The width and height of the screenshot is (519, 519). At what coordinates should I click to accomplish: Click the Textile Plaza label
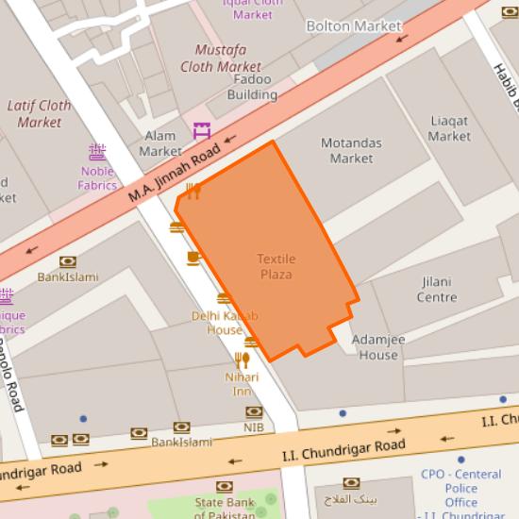[276, 266]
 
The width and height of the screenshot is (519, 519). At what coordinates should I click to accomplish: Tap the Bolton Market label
[354, 26]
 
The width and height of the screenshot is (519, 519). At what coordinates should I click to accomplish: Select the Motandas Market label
[351, 151]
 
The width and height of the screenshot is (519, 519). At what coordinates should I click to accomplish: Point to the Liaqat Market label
[449, 128]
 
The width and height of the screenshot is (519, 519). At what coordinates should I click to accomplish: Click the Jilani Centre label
[436, 290]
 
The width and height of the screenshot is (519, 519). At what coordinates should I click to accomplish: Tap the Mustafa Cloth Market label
[227, 58]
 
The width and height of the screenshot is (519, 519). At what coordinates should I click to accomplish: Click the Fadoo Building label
[253, 88]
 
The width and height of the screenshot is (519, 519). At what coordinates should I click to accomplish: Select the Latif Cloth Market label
[40, 113]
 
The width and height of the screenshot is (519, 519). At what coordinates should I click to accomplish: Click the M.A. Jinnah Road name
[175, 171]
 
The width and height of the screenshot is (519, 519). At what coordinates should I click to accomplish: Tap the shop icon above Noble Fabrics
[96, 151]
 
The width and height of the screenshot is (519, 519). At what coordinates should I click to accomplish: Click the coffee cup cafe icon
[193, 258]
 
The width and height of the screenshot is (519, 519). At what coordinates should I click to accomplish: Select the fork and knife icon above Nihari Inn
[243, 360]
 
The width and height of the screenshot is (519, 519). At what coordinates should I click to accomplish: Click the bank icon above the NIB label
[253, 411]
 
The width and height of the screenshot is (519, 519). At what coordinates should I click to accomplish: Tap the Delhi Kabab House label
[225, 323]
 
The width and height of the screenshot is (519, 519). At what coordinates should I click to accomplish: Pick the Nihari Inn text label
[242, 384]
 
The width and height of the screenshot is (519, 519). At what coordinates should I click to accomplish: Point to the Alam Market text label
[160, 143]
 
